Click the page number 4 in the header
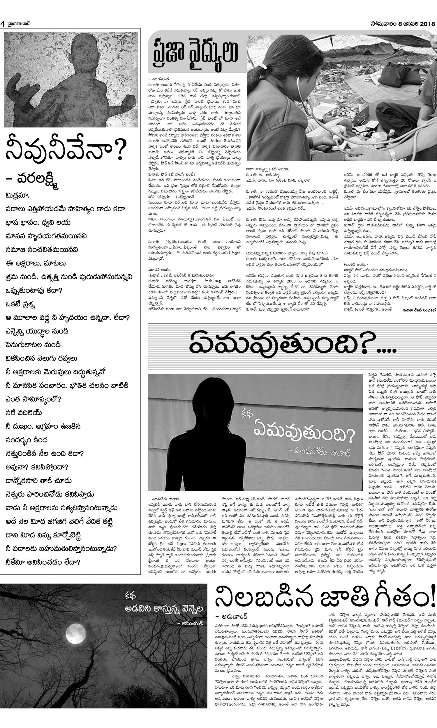click(3, 24)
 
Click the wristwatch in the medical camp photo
click(392, 153)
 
